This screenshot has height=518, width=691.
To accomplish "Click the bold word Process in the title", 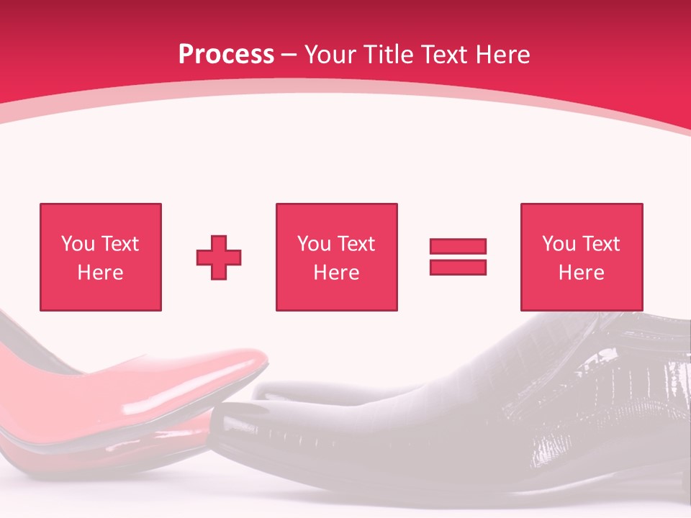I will pos(226,54).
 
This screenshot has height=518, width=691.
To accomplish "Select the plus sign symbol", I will pos(219,258).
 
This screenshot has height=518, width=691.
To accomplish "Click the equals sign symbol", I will pos(458,257).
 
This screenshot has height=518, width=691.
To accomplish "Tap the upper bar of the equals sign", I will pos(458,247).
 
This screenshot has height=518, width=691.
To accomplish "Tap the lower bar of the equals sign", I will pos(458,267).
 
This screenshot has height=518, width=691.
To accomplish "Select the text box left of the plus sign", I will pos(100,257).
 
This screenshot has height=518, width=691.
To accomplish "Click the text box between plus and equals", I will pos(336,257).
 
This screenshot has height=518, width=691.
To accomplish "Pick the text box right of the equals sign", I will pos(581,257).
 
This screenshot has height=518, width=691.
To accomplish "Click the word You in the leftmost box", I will pos(78,244).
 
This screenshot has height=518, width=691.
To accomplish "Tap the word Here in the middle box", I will pos(336,273).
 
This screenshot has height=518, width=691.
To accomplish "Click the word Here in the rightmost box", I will pos(581,273).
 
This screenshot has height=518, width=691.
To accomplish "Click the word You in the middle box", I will pos(314,244).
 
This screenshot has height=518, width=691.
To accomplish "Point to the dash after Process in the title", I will pos(289,55).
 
